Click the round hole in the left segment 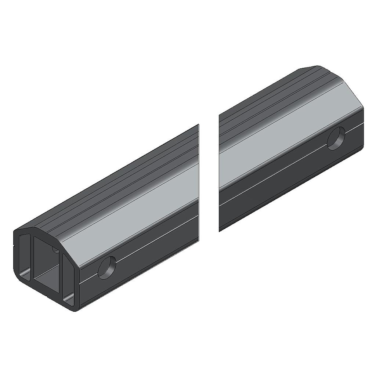(x=107, y=268)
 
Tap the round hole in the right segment (x=336, y=138)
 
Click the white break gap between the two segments (x=209, y=176)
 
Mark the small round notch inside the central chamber (x=55, y=250)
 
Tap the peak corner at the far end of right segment (x=318, y=67)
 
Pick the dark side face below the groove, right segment (x=286, y=191)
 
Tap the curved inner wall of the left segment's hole (x=103, y=265)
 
